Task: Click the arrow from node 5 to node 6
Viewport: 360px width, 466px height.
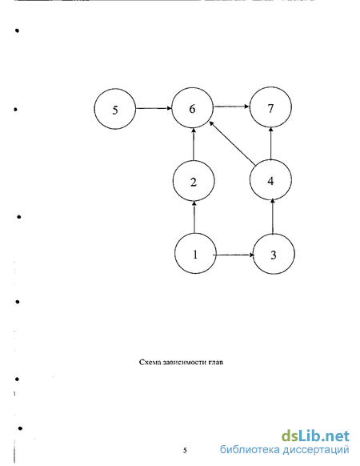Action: pos(154,108)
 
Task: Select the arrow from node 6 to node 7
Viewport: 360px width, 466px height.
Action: pos(232,106)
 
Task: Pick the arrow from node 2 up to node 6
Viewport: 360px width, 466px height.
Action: pos(194,144)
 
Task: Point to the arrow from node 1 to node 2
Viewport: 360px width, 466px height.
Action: pos(194,217)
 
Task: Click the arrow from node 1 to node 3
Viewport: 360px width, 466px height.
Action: pos(234,255)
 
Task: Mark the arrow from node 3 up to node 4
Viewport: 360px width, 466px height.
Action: pos(273,217)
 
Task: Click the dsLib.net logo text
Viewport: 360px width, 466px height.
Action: pos(315,436)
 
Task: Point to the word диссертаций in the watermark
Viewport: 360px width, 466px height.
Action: pos(316,449)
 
